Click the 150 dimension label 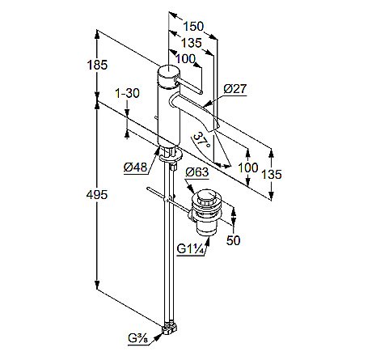[x=193, y=27]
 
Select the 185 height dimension [x=97, y=65]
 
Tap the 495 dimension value [x=97, y=195]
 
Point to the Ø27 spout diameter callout [x=235, y=88]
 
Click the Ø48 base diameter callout [x=136, y=167]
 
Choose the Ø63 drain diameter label [x=197, y=172]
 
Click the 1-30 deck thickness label [x=127, y=93]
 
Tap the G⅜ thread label [x=138, y=339]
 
